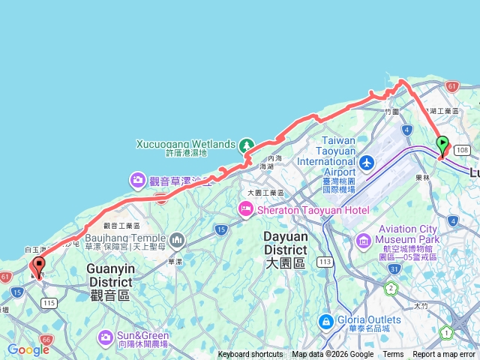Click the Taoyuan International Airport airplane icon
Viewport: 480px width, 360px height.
[367, 163]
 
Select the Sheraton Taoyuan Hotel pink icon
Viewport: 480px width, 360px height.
[245, 209]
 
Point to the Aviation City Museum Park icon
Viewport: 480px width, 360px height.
[364, 241]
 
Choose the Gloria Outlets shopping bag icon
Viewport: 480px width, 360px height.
[326, 322]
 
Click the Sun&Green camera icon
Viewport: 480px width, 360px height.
[104, 337]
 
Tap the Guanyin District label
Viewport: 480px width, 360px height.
[111, 268]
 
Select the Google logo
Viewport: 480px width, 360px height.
[28, 349]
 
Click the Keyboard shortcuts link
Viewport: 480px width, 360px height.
[250, 355]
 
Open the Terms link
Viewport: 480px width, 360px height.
[393, 355]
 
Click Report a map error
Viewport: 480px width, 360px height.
[445, 355]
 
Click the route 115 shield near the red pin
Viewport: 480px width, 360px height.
[49, 302]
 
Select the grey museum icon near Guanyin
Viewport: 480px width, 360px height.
[177, 241]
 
